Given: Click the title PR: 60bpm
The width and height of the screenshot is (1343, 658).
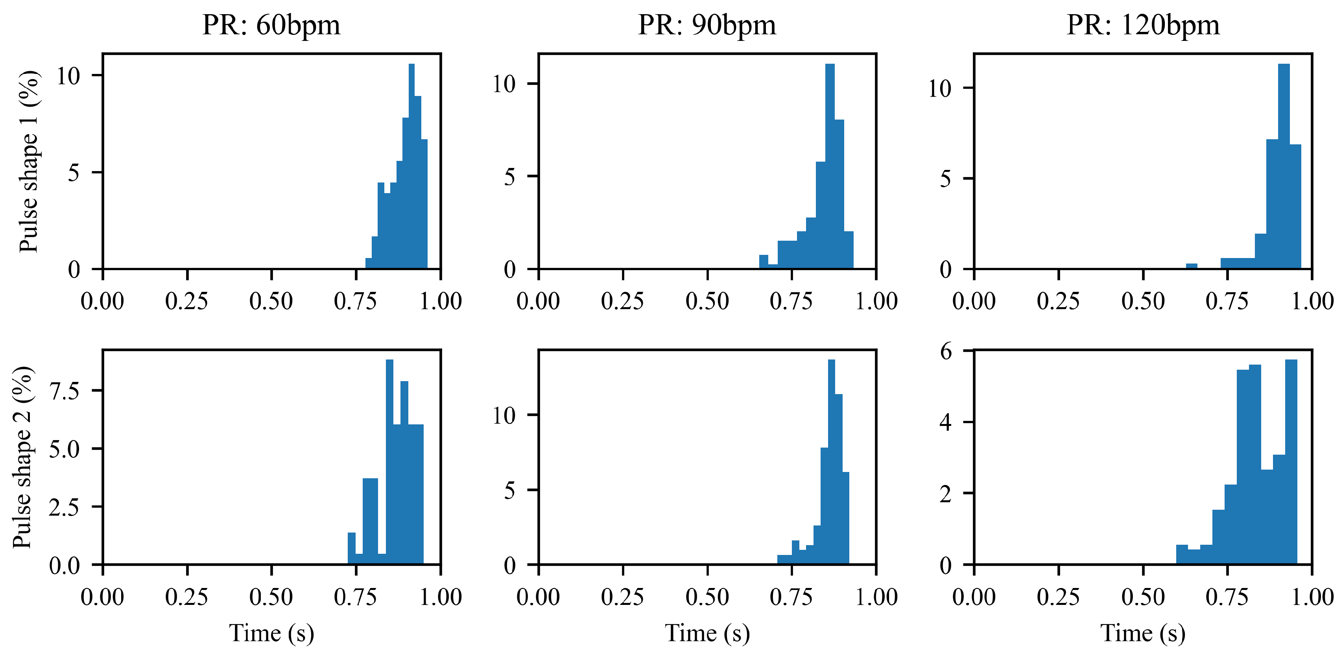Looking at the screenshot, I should (271, 25).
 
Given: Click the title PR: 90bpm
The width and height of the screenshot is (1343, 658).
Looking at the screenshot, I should (707, 25).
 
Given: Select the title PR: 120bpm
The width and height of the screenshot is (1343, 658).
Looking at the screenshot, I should (1143, 25).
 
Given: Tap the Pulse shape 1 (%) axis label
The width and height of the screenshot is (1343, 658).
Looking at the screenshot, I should (29, 162).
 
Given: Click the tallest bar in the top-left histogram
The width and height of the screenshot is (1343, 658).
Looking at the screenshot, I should (411, 167).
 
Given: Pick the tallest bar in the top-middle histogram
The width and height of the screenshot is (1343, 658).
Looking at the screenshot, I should (830, 167).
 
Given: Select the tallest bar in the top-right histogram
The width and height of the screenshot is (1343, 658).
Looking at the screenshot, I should (1284, 167).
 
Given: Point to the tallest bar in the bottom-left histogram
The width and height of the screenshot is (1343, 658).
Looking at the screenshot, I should (389, 461).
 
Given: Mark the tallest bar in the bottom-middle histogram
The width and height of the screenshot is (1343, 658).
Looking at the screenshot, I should (831, 461).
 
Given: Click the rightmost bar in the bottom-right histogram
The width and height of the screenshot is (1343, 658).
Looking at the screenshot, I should (1291, 461).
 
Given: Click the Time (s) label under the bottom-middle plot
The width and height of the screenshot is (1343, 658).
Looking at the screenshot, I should (707, 633).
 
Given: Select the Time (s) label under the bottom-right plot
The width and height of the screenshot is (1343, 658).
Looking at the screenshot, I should (1143, 633).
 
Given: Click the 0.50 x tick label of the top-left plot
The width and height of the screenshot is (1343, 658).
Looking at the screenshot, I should (271, 301).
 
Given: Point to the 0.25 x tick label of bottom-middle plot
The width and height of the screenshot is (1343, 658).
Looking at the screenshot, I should (622, 597).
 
